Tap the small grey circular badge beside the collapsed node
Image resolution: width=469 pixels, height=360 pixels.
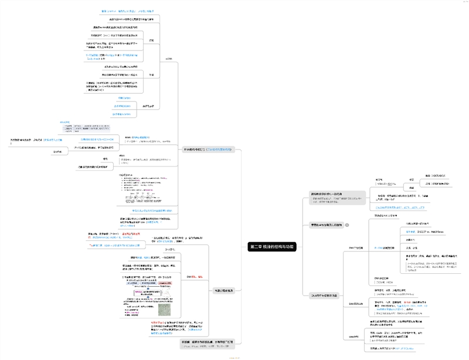347,225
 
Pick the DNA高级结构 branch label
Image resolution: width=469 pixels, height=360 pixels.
358,304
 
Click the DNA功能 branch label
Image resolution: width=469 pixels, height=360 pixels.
354,336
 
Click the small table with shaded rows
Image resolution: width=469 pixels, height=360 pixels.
88,127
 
